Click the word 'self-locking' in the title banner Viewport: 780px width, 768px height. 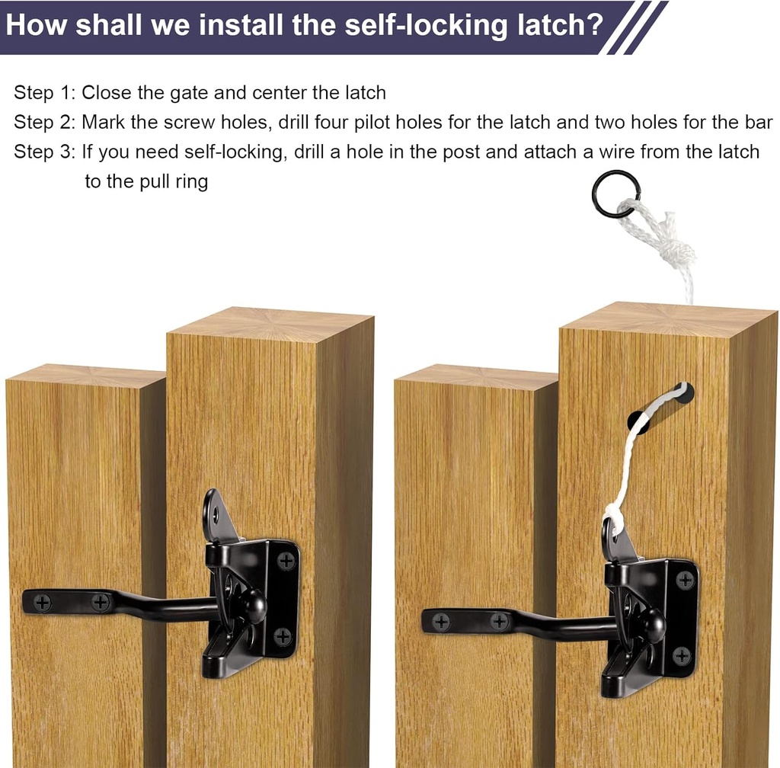tap(421, 25)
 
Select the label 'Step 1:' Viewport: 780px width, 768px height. tap(43, 94)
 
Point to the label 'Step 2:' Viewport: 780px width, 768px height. tap(43, 123)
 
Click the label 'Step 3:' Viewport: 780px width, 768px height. tap(43, 152)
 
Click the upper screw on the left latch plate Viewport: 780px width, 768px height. tap(286, 562)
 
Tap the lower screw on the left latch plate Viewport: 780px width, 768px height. tap(283, 636)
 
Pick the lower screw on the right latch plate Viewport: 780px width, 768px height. tap(682, 654)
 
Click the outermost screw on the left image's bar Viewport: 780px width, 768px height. tap(43, 603)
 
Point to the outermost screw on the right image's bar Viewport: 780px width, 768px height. tap(441, 622)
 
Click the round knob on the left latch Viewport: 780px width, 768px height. tap(254, 606)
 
